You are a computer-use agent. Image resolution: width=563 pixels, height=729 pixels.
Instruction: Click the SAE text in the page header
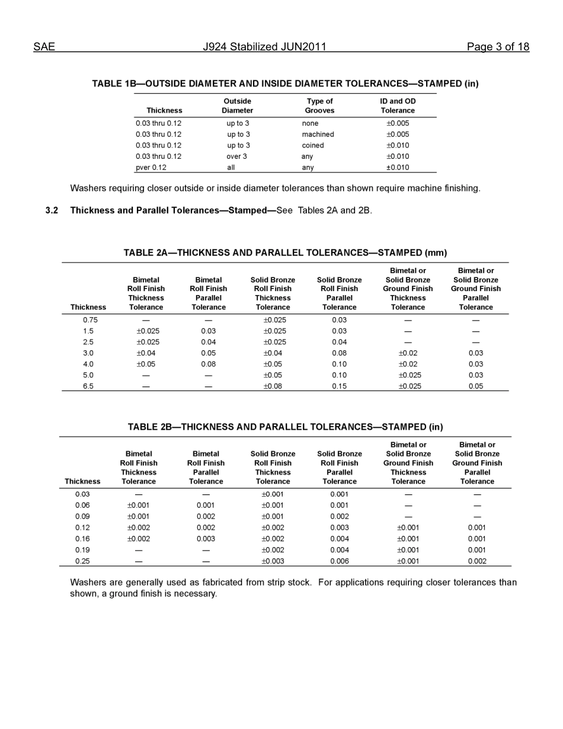44,47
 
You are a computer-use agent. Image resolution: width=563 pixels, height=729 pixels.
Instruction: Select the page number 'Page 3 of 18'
498,47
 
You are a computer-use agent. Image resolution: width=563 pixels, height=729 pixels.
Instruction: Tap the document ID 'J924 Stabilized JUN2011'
264,47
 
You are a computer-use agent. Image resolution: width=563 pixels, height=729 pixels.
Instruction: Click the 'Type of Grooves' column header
319,105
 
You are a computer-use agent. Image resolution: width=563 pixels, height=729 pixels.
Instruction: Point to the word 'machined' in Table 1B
318,135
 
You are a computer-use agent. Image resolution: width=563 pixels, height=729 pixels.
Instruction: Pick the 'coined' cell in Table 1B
313,145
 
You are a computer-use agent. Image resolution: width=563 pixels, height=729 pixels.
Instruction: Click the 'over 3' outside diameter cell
236,156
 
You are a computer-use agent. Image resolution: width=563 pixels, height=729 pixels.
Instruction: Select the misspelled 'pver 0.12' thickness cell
151,168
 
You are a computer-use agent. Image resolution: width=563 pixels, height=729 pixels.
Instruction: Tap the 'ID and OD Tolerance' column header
398,105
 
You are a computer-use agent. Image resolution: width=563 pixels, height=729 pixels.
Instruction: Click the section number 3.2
52,210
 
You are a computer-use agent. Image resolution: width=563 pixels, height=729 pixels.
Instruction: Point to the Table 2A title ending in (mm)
285,252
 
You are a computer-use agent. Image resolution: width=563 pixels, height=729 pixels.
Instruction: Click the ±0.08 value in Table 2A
273,386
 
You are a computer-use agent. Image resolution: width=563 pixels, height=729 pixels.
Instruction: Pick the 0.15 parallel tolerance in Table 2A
340,386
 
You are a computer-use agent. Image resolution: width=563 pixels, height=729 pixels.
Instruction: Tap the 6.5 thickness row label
88,386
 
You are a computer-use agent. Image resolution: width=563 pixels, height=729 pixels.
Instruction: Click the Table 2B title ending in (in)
285,427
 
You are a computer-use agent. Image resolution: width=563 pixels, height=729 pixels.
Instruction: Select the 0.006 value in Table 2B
340,561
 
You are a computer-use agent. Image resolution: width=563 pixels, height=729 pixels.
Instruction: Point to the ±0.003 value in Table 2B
273,561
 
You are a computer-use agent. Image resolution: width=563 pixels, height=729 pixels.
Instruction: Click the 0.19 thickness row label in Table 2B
82,550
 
